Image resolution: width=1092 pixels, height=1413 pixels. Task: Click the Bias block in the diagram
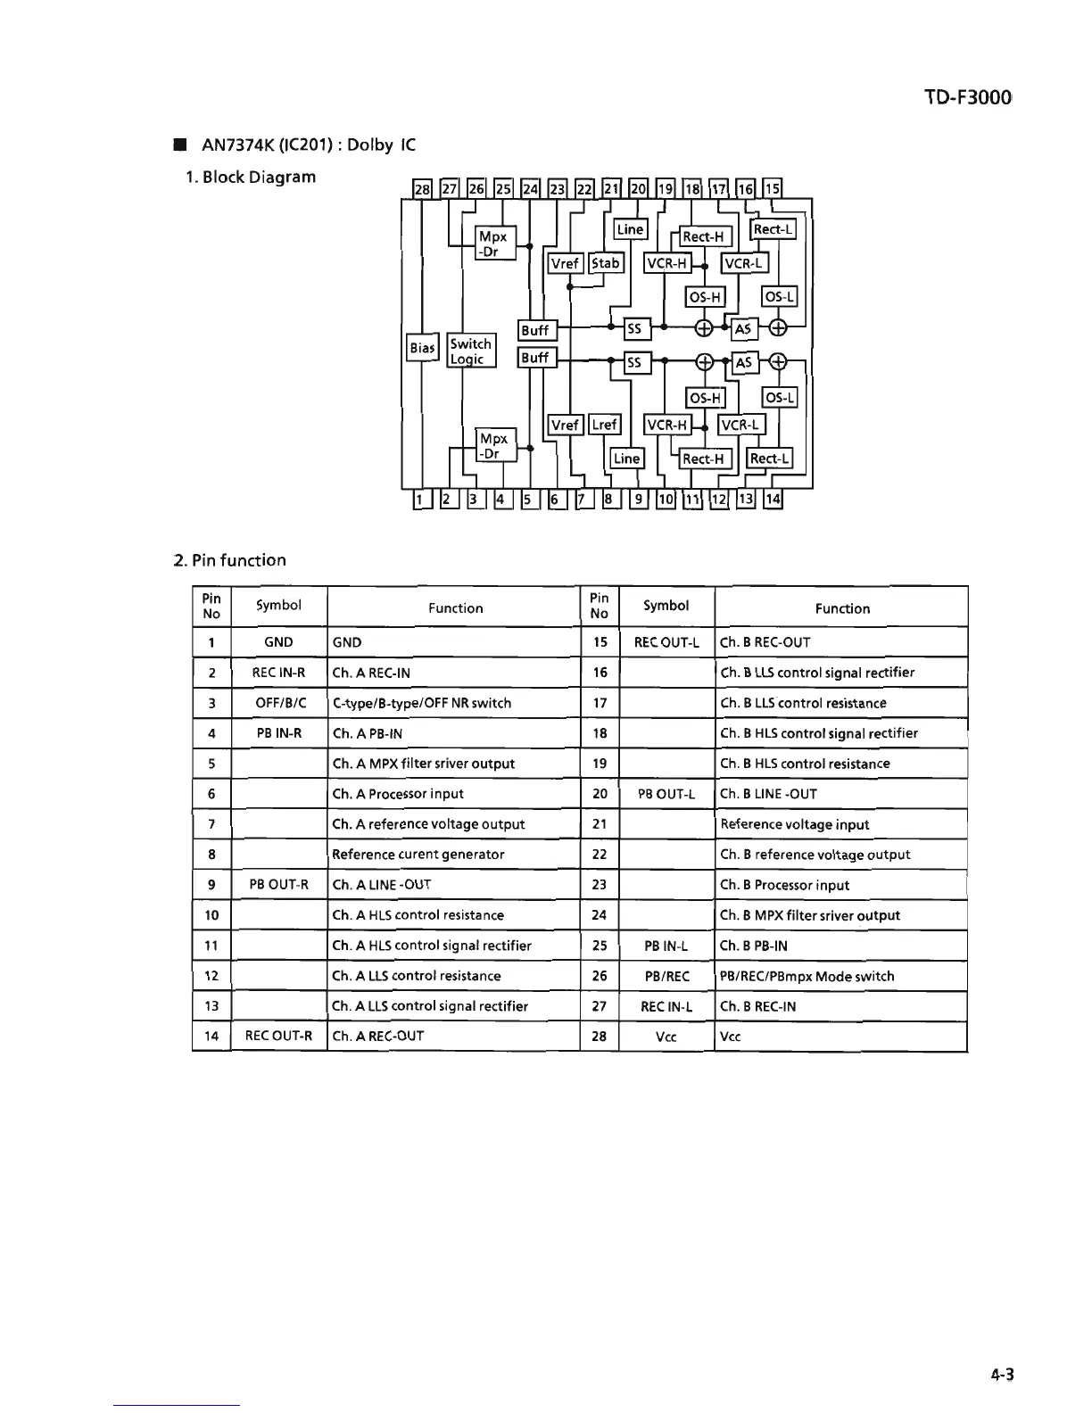(x=422, y=347)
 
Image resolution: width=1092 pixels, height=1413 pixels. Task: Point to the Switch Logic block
(x=470, y=351)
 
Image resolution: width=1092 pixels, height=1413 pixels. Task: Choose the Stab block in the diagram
(x=605, y=263)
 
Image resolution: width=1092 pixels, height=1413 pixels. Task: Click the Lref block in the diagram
(x=605, y=425)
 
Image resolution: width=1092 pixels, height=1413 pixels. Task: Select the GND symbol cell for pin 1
(x=278, y=642)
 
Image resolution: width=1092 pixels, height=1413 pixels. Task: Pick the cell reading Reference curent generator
(x=418, y=855)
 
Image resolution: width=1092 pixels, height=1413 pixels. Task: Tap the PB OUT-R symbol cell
(x=278, y=885)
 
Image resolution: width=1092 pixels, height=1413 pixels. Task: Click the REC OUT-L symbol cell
(x=666, y=642)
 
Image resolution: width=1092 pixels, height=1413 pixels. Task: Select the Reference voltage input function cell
(x=795, y=824)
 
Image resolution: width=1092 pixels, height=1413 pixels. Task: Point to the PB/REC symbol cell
(x=666, y=976)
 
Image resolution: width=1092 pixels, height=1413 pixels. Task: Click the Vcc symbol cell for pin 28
(x=666, y=1037)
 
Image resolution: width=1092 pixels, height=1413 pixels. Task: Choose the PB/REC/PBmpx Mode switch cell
(x=807, y=976)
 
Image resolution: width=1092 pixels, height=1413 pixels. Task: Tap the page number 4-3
(x=1003, y=1375)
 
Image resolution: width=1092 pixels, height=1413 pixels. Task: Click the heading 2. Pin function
(x=230, y=560)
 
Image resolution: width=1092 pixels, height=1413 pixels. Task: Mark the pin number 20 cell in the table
(x=600, y=794)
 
